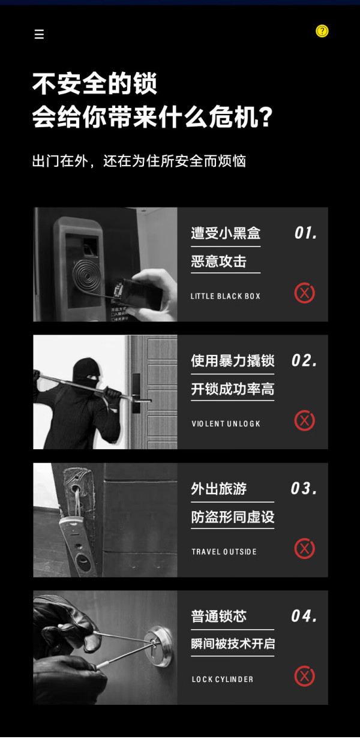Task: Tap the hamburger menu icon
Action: (x=39, y=34)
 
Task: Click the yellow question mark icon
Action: (x=322, y=31)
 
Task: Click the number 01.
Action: (x=305, y=233)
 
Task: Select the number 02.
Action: (x=304, y=361)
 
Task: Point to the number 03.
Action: (x=304, y=489)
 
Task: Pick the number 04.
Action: (x=304, y=616)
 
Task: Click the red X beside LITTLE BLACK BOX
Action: (x=305, y=293)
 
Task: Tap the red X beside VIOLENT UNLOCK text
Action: (x=305, y=420)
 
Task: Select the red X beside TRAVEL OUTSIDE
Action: (x=305, y=549)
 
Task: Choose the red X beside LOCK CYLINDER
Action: (x=305, y=677)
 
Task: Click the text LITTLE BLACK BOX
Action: (x=226, y=296)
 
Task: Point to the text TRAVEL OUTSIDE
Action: (x=224, y=552)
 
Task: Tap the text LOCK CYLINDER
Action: (x=223, y=679)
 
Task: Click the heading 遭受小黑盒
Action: (x=226, y=233)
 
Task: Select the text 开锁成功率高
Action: (x=233, y=389)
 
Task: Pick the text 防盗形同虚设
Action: (x=233, y=517)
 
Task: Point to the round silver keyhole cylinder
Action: (x=160, y=646)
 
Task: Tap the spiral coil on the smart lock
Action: (x=86, y=275)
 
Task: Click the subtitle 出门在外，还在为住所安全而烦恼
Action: (x=139, y=161)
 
